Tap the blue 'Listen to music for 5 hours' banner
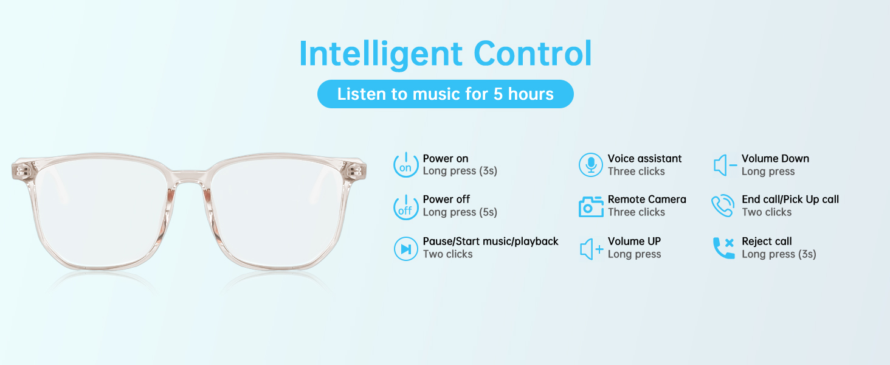click(x=445, y=94)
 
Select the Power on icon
click(x=405, y=165)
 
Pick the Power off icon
click(x=405, y=207)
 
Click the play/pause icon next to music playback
click(x=405, y=248)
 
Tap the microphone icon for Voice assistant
click(x=590, y=165)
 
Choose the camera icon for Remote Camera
click(x=590, y=207)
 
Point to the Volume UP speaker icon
click(x=591, y=249)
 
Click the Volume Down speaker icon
click(x=725, y=165)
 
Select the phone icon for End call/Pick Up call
click(x=723, y=206)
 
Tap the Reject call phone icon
click(x=723, y=248)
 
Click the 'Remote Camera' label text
click(x=647, y=200)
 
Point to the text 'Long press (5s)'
click(x=460, y=212)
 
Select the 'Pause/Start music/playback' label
click(x=491, y=242)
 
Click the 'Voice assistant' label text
click(x=644, y=159)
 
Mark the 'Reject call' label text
click(x=767, y=242)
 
